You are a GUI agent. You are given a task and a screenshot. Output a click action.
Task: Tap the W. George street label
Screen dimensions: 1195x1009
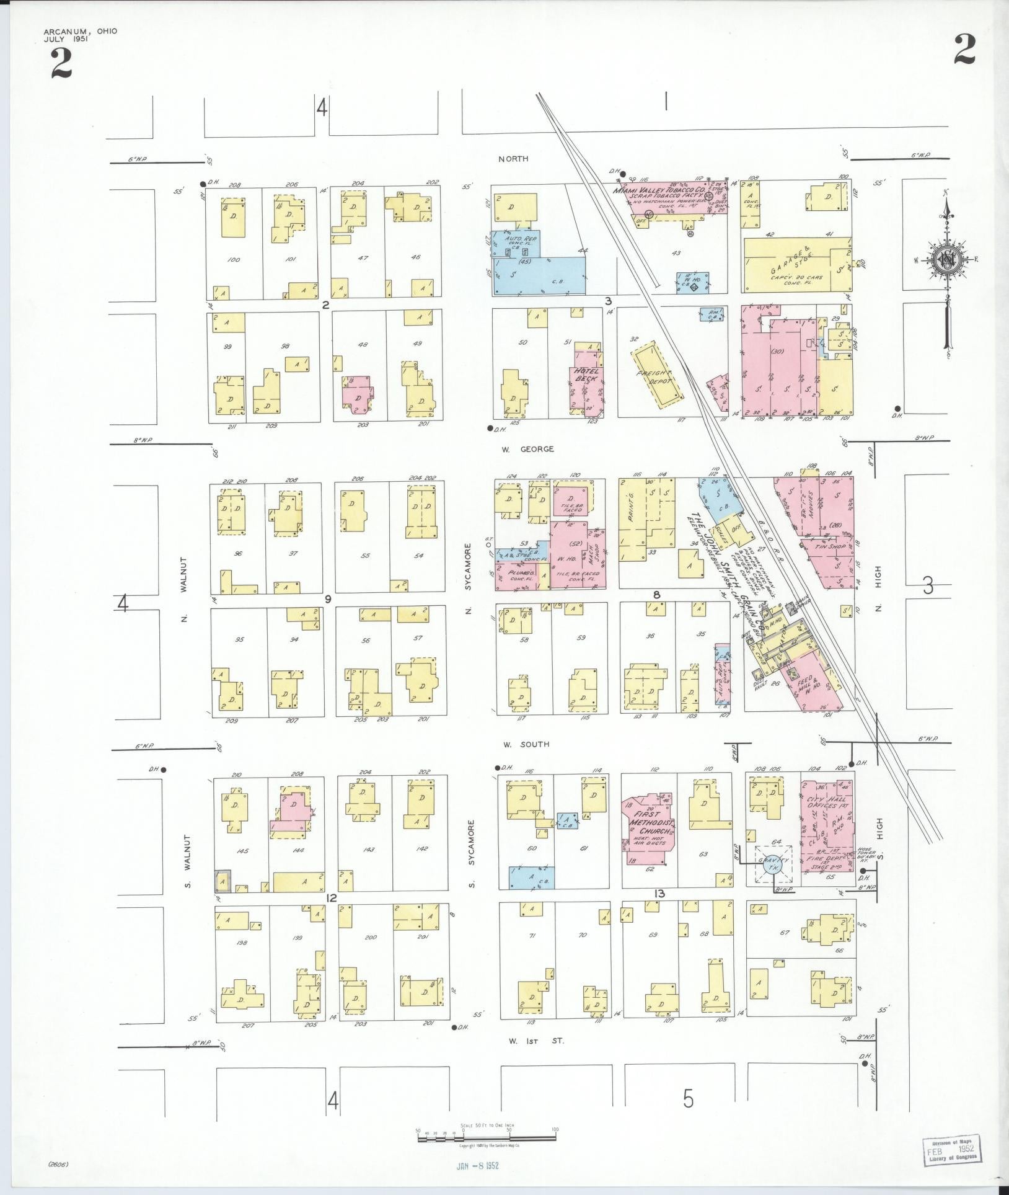[527, 449]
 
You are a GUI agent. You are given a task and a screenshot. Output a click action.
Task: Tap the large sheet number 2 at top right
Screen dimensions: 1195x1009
[964, 50]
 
